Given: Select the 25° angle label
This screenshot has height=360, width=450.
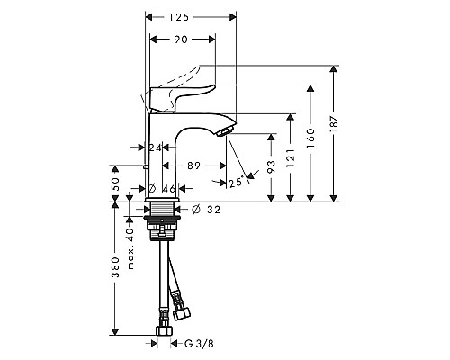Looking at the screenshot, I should (235, 184).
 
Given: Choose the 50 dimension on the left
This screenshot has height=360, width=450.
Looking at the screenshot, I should (114, 183).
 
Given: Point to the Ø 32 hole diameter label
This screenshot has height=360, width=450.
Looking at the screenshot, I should (204, 211).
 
